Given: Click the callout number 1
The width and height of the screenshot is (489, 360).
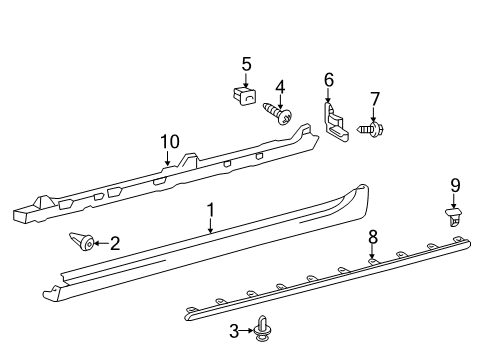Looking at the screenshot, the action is (211, 211).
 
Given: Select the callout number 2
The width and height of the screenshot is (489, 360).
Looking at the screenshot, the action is (115, 243).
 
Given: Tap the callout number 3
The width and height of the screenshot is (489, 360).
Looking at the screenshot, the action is (234, 331).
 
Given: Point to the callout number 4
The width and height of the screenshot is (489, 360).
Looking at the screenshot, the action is (280, 87).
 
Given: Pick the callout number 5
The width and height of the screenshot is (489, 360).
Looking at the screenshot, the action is (246, 64).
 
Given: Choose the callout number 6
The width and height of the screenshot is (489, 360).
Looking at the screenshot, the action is (329, 80).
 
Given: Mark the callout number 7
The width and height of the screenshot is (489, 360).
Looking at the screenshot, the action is (375, 99).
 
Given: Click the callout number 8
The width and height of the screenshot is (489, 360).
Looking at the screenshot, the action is (373, 237).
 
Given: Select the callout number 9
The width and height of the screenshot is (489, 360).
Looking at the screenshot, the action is (455, 185).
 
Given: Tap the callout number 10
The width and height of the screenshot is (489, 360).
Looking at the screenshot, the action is (170, 142).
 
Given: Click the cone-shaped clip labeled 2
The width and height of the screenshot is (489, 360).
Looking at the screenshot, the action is (82, 242).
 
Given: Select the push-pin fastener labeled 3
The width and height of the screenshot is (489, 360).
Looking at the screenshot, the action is (263, 329).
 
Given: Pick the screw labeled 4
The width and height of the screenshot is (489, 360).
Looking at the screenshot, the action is (278, 113).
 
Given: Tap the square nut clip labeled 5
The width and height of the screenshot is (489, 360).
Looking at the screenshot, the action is (244, 96).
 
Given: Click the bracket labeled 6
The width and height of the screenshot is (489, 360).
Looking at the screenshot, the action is (336, 122).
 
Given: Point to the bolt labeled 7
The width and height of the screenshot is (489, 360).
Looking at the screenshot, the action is (371, 129).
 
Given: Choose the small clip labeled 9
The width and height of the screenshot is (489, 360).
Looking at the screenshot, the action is (454, 217).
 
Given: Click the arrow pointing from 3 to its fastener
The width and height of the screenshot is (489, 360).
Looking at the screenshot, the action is (247, 331).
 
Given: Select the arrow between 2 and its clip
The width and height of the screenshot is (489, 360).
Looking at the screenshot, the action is (102, 243).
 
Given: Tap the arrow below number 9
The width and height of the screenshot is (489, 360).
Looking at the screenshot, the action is (454, 201).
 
